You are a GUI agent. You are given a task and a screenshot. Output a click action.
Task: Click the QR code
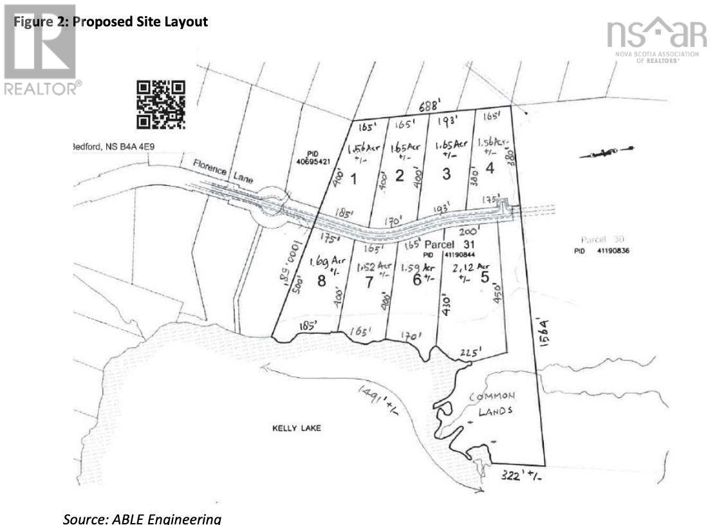pyautogui.click(x=162, y=104)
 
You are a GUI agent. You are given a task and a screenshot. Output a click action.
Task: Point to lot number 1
pyautogui.click(x=353, y=178)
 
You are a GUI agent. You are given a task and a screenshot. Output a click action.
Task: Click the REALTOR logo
pyautogui.click(x=40, y=51)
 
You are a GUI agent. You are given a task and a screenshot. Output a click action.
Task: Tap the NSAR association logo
pyautogui.click(x=652, y=39)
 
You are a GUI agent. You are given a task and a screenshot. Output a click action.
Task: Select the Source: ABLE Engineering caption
pyautogui.click(x=142, y=518)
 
